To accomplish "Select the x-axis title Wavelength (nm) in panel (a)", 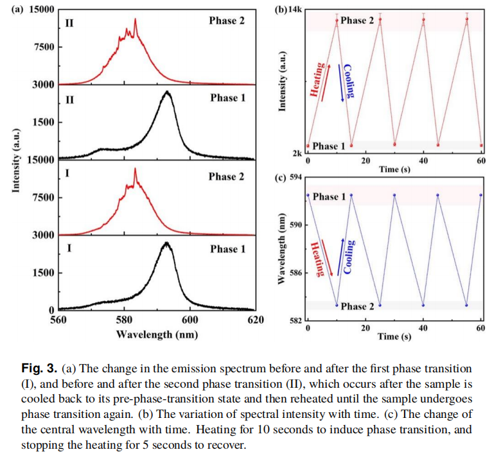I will [x=157, y=334].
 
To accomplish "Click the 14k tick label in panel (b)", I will [x=295, y=10].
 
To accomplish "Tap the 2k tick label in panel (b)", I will [x=297, y=153].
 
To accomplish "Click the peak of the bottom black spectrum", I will [x=167, y=243].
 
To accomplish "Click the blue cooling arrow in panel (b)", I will [x=342, y=83].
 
